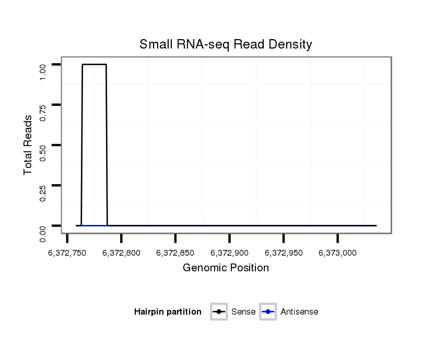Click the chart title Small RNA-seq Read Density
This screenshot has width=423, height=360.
(226, 44)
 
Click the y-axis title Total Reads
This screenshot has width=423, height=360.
(29, 145)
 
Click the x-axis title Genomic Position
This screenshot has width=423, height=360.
(226, 268)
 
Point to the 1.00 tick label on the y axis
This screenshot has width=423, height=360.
(44, 71)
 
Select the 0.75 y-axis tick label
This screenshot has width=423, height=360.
(44, 112)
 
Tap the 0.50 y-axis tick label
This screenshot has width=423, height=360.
(44, 152)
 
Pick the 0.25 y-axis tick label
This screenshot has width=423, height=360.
(44, 193)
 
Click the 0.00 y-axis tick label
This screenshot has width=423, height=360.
(44, 233)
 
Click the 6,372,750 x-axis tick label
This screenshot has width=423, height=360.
(67, 253)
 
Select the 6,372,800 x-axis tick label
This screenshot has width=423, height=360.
(121, 253)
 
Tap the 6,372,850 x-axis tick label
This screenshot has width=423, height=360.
(175, 253)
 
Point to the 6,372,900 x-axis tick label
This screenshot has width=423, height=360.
(229, 253)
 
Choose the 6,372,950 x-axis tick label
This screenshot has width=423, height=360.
(284, 253)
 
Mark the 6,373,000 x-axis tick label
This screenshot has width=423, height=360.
(337, 253)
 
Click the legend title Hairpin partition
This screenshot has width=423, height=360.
(168, 312)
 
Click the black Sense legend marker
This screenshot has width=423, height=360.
(219, 312)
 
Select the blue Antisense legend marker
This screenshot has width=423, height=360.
(267, 312)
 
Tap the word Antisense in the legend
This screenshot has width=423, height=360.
(299, 312)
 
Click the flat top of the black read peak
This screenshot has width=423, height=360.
(94, 65)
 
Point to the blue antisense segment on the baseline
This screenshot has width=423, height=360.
(94, 225)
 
